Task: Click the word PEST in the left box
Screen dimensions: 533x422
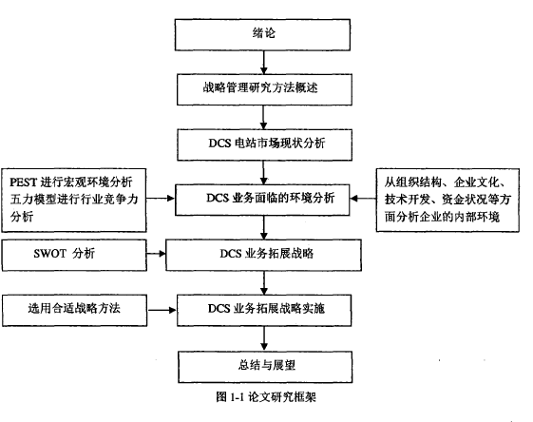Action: (x=23, y=182)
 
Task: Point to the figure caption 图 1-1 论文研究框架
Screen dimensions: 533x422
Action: (x=266, y=397)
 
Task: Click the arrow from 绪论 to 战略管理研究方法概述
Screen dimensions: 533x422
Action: (x=263, y=63)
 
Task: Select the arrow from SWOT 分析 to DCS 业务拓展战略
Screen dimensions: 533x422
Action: (x=157, y=254)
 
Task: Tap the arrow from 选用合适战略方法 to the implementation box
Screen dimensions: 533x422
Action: (x=162, y=310)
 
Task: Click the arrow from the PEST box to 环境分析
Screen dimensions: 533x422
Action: (x=161, y=199)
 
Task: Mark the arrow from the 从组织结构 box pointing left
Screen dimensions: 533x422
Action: (x=363, y=199)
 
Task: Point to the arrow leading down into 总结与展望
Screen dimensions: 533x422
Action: (x=264, y=338)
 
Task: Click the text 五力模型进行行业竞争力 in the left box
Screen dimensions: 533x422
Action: (x=74, y=199)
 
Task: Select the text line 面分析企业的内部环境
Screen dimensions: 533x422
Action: (x=442, y=217)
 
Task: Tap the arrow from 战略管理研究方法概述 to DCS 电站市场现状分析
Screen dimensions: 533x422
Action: (x=263, y=117)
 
